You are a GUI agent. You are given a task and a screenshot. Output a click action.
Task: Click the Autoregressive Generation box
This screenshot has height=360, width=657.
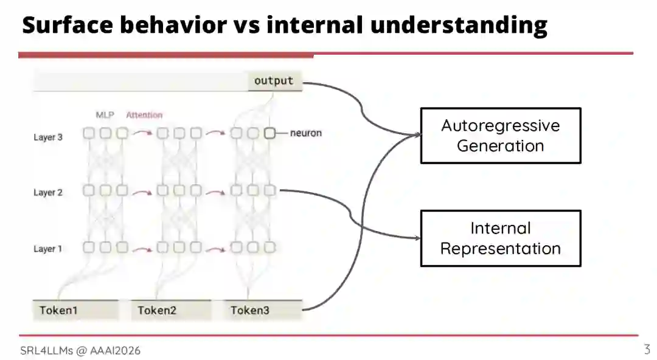click(500, 136)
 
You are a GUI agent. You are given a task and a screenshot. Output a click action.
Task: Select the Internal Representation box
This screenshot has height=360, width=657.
click(500, 238)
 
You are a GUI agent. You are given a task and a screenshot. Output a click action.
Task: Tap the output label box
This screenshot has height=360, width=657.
click(274, 81)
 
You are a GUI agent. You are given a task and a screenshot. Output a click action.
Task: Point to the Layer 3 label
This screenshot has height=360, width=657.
click(48, 137)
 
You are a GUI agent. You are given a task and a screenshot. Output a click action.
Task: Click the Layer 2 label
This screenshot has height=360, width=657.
click(48, 193)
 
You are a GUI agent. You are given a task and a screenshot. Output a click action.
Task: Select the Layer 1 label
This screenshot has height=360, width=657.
click(48, 249)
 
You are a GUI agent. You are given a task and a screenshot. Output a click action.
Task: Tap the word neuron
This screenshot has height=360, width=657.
click(306, 133)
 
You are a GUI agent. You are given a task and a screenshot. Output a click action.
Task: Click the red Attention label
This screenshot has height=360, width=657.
click(144, 115)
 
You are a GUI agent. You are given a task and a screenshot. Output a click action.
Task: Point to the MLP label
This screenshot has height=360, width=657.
click(105, 115)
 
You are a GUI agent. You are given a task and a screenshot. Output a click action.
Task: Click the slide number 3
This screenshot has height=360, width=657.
click(647, 350)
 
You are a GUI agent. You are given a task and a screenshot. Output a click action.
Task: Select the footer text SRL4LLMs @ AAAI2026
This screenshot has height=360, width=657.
click(80, 350)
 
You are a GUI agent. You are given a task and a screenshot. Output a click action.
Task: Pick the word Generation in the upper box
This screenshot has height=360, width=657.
click(500, 146)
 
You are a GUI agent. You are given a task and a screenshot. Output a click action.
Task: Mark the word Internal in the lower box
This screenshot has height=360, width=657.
click(500, 229)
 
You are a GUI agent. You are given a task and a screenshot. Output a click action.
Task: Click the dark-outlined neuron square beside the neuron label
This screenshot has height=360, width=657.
click(269, 133)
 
